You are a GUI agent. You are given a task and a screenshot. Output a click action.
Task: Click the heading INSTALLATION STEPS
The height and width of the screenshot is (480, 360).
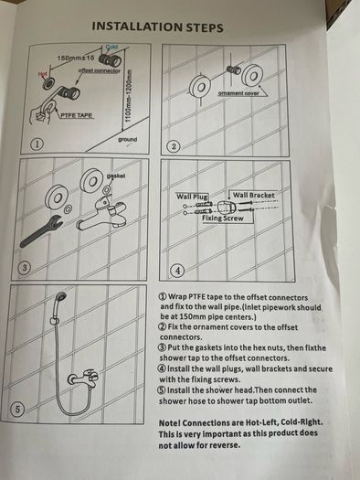[x=157, y=27]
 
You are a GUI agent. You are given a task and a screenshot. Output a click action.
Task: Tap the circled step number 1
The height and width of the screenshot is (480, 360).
[x=37, y=144]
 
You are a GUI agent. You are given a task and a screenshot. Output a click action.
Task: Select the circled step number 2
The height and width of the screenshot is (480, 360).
[x=174, y=146]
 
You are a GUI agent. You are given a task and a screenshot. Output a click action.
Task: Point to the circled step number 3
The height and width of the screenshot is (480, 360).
[x=26, y=268]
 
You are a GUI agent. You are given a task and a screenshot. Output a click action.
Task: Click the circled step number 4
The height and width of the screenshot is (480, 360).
[x=178, y=271]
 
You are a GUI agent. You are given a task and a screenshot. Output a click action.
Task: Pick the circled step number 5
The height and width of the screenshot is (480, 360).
[x=17, y=410]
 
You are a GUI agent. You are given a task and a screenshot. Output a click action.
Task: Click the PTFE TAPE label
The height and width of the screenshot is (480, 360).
[x=76, y=115]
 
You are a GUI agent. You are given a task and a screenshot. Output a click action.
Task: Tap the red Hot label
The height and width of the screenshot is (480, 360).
[x=43, y=74]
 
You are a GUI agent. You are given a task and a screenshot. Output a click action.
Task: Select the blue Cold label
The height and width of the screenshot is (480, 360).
[x=112, y=48]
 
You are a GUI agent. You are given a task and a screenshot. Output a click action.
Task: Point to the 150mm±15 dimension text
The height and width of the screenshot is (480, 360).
[x=76, y=58]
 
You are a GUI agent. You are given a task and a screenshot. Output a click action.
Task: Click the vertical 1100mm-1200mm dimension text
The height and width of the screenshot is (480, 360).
[x=129, y=95]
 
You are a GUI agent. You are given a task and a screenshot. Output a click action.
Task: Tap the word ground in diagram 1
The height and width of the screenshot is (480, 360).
[x=128, y=140]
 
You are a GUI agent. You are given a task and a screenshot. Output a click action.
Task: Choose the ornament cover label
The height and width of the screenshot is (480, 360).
[x=238, y=93]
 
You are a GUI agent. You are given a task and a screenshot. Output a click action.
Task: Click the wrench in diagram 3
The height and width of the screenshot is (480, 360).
[x=41, y=230]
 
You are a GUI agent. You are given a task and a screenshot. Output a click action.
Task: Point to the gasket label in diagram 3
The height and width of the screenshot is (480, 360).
[x=116, y=176]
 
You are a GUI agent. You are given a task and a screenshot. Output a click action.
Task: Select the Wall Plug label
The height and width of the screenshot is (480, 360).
[x=192, y=196]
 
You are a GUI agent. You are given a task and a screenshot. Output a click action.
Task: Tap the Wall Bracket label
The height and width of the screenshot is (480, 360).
[x=254, y=195]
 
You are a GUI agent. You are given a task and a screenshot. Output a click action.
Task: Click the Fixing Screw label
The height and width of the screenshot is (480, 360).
[x=223, y=219]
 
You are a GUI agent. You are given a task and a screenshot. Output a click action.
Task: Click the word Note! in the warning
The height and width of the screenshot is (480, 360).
[x=170, y=423]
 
